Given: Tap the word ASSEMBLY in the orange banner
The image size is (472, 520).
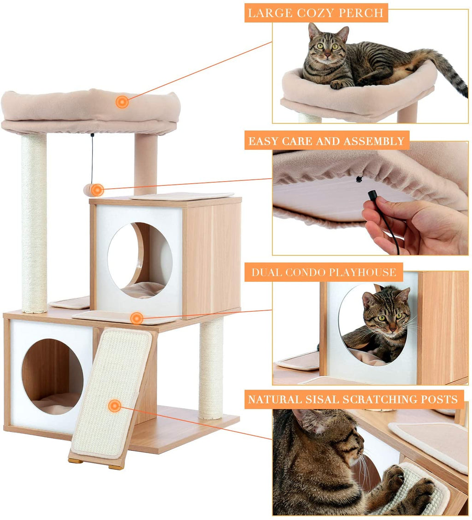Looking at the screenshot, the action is pyautogui.click(x=374, y=141).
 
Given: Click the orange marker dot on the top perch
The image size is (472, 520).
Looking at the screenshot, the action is pyautogui.click(x=122, y=102).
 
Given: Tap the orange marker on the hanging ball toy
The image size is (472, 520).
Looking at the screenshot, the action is pyautogui.click(x=97, y=190).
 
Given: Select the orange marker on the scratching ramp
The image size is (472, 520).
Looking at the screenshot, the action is pyautogui.click(x=114, y=406).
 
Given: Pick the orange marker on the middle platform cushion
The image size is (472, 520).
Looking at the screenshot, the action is pyautogui.click(x=136, y=318).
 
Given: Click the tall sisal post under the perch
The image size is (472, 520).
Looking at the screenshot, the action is pyautogui.click(x=34, y=223).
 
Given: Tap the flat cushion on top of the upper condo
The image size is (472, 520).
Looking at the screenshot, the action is pyautogui.click(x=182, y=196).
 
